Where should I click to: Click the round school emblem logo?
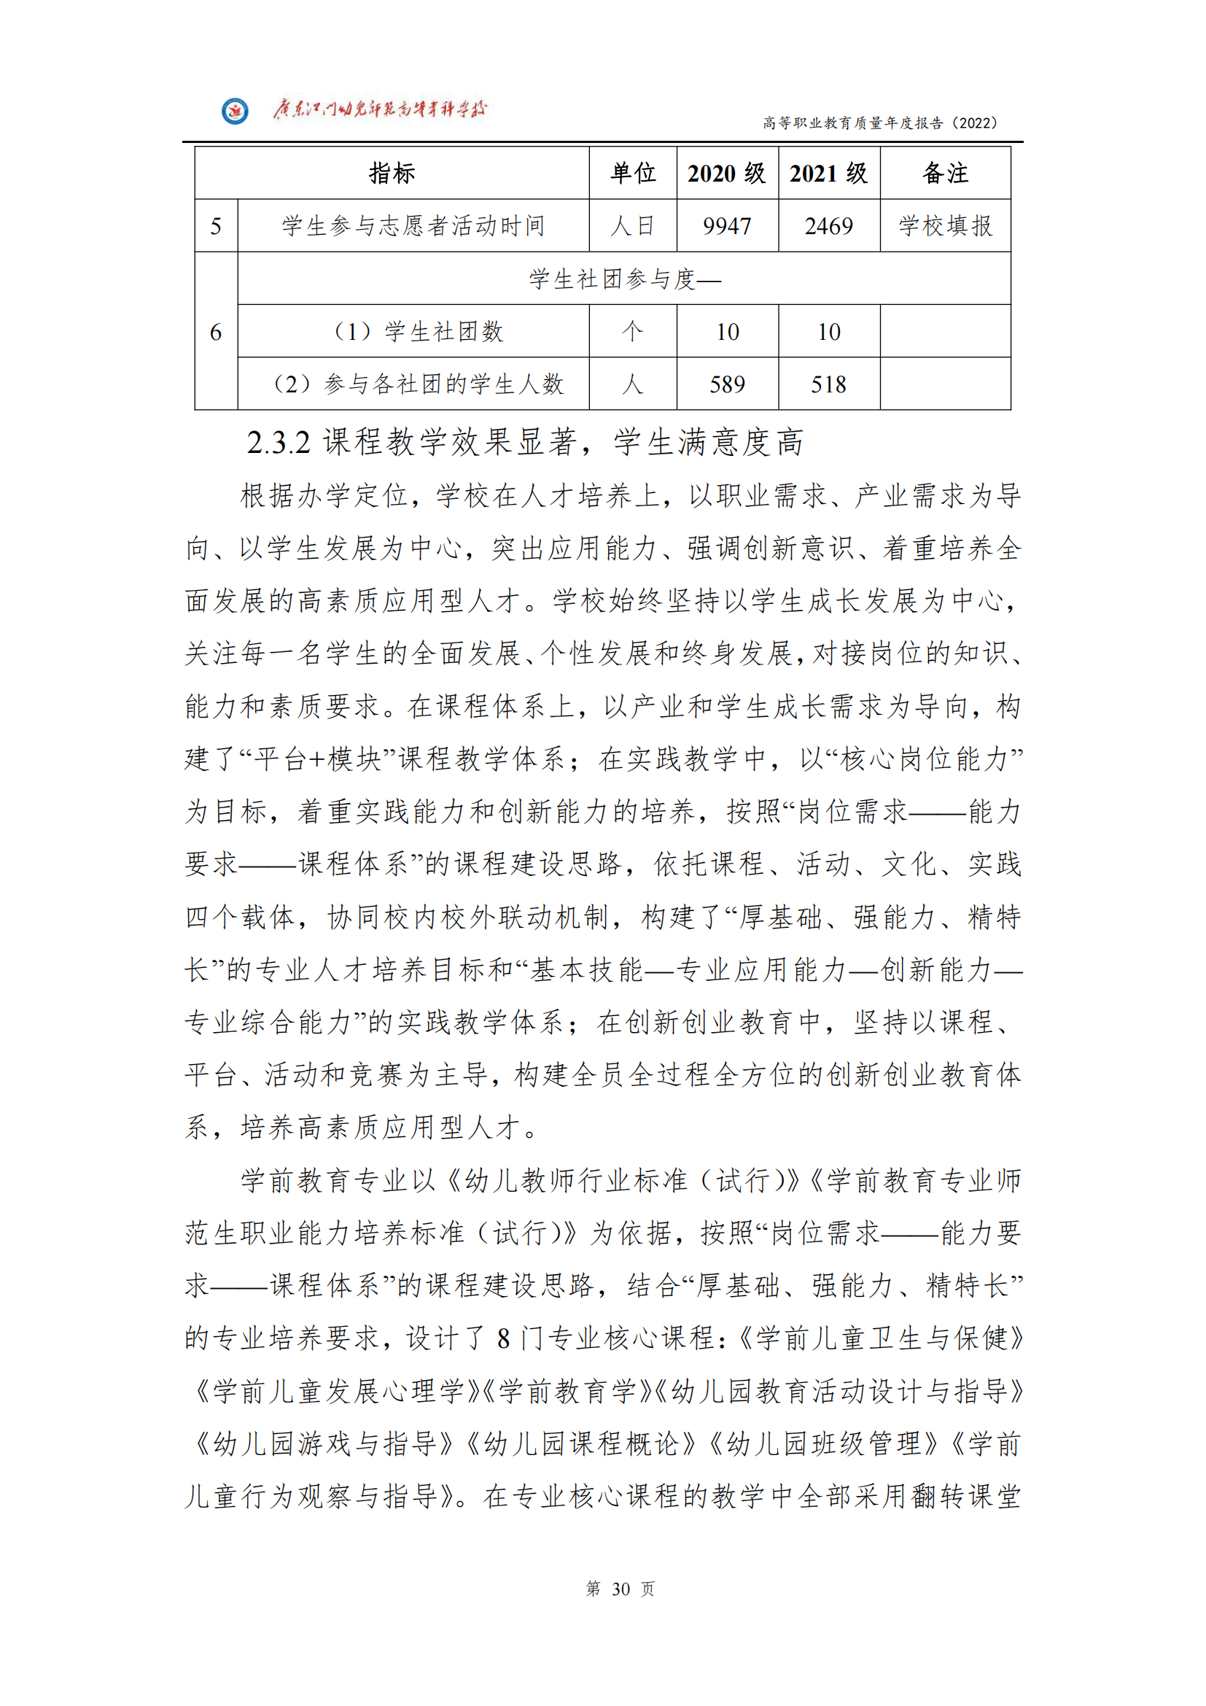coord(236,112)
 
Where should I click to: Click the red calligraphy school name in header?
coord(378,110)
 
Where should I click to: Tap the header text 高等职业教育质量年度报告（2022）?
coord(879,123)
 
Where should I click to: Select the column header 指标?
coord(392,173)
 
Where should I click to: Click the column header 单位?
coord(633,173)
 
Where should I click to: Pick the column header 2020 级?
coord(726,173)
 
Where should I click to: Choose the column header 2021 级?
coord(828,173)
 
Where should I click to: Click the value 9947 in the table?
coord(726,226)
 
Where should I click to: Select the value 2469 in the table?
coord(828,226)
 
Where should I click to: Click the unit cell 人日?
coord(633,226)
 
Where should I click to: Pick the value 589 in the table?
coord(726,384)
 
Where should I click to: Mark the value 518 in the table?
coord(828,384)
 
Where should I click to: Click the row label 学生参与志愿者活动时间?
coord(413,226)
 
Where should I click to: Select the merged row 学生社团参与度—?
coord(624,279)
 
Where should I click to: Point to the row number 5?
coord(216,226)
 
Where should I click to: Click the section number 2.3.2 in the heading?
coord(279,443)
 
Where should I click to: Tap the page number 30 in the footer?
coord(620,1589)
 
